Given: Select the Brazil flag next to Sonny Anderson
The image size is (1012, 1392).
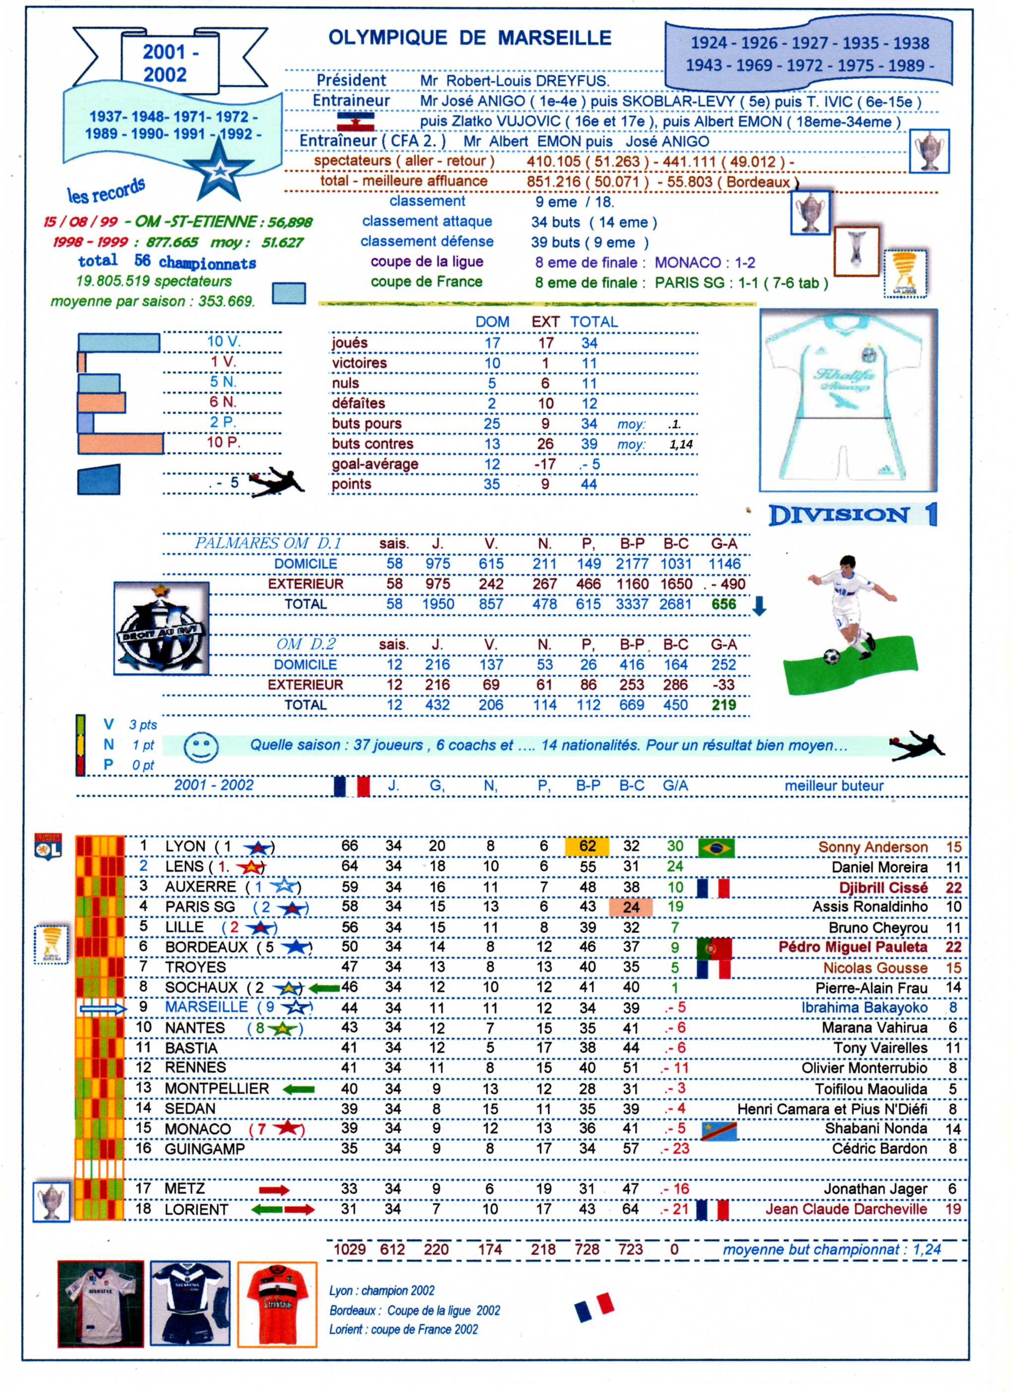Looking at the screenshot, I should coord(716,847).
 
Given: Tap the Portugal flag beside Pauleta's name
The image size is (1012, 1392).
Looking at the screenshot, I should coord(714,948).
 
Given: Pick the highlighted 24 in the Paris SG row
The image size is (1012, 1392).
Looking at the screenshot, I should coord(631,907).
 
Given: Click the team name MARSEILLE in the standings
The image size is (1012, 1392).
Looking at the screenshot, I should coord(206,1007).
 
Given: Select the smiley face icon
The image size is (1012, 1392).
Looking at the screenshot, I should coord(201,747).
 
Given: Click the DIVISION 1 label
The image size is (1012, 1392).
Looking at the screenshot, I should coord(853,515).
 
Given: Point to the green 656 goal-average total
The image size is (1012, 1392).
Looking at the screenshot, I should coord(723,605).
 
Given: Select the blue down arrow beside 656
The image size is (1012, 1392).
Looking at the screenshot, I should coord(759,606).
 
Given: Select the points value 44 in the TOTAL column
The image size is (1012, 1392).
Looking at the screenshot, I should coord(588,484).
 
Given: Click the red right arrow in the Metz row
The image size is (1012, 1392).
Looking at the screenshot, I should coord(274,1191).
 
